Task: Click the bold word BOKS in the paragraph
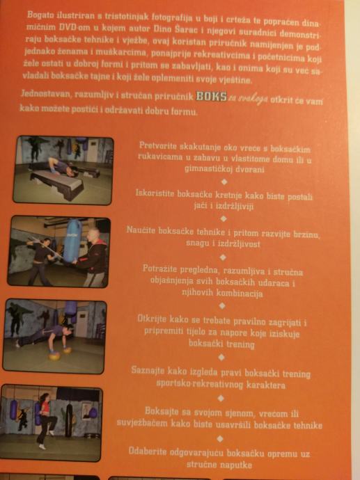coord(212,96)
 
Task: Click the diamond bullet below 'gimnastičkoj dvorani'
coord(224,182)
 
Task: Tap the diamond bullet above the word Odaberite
coord(220,439)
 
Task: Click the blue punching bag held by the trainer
coord(72,241)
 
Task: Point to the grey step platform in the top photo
coord(57,183)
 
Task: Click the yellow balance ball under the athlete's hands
coord(54,356)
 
